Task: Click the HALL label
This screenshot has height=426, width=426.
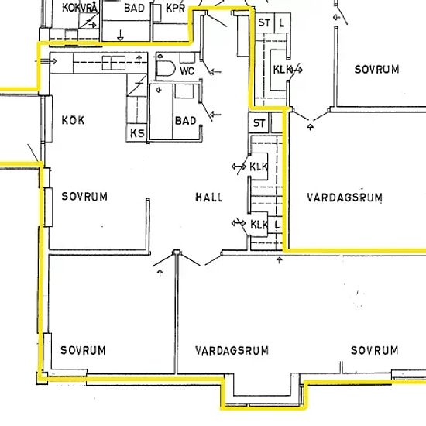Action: point(209,197)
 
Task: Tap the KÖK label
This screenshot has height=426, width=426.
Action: point(73,120)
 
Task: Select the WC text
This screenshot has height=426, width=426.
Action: point(187,71)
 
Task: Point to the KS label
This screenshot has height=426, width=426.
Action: point(137,133)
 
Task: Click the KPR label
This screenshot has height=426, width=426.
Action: point(176,9)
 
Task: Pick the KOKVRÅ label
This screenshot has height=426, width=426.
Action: point(80,8)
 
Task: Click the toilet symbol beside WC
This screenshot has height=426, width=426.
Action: point(166,68)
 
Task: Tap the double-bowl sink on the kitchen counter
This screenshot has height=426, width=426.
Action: point(114,63)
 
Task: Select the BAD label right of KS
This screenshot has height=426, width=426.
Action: point(186,121)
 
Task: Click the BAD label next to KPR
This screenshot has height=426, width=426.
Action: point(134,9)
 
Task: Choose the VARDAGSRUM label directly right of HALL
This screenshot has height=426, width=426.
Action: point(345,198)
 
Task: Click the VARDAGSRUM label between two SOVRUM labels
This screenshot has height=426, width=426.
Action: point(232,350)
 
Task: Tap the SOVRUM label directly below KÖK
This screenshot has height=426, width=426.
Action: point(84,197)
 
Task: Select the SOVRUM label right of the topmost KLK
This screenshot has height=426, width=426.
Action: point(376,70)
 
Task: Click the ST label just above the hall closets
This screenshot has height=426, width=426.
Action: point(259,123)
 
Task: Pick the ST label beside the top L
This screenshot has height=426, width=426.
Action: point(264,22)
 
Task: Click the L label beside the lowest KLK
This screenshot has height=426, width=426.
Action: point(277,225)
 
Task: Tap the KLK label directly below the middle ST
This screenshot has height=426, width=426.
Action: point(259,167)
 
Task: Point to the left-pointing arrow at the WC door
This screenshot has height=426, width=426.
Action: point(216,72)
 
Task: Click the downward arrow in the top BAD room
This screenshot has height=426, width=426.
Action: point(120,36)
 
